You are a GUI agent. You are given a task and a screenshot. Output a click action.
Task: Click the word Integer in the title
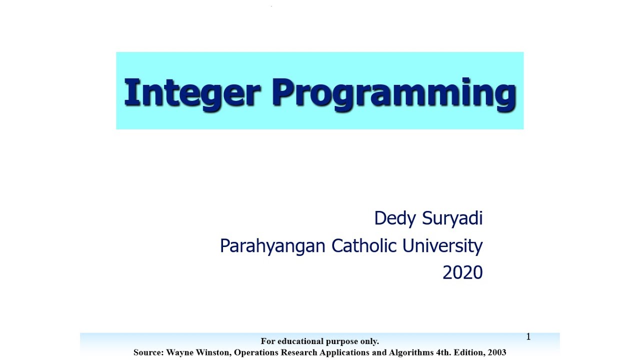pyautogui.click(x=192, y=92)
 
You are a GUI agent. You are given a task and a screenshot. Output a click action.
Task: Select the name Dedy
pyautogui.click(x=395, y=218)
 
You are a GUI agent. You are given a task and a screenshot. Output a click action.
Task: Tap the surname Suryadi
pyautogui.click(x=452, y=218)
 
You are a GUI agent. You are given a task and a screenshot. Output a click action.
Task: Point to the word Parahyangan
pyautogui.click(x=272, y=246)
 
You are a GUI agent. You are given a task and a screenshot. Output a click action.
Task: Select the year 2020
pyautogui.click(x=462, y=272)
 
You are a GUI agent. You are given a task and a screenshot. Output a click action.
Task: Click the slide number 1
pyautogui.click(x=528, y=337)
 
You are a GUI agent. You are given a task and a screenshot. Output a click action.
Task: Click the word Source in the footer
pyautogui.click(x=148, y=352)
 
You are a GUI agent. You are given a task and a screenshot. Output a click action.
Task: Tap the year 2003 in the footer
pyautogui.click(x=496, y=352)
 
